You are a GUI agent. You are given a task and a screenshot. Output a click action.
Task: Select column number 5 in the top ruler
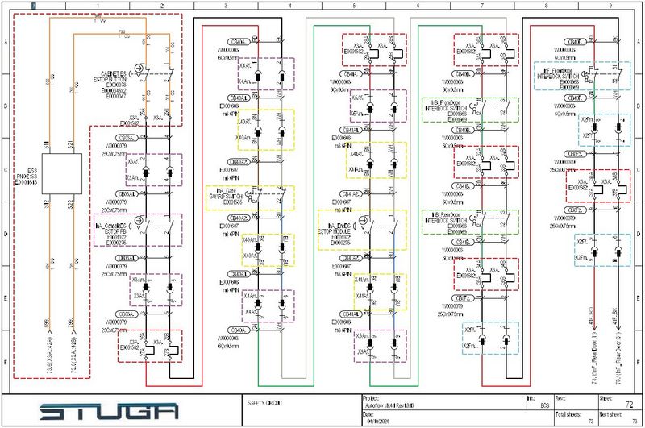[x=353, y=6]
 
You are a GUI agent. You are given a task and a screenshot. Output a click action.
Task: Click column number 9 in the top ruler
[x=610, y=6]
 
